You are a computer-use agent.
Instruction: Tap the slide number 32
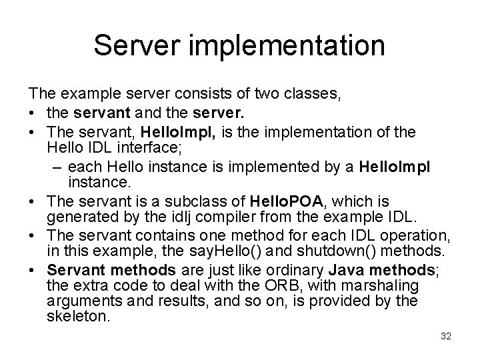[x=446, y=336]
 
